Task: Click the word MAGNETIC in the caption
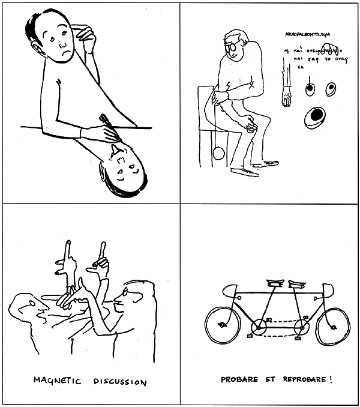coord(52,381)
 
